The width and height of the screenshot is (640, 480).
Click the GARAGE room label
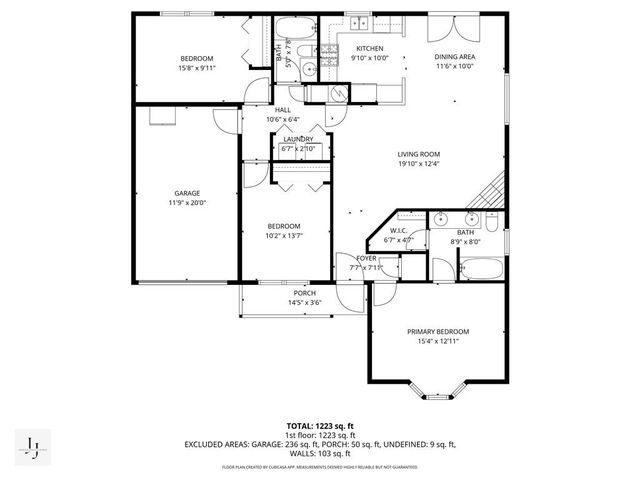187,193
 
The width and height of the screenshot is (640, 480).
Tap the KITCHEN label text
370,48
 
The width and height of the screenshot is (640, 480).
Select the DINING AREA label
454,57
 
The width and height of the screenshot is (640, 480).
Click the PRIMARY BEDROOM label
437,331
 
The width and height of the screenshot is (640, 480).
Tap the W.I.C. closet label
398,231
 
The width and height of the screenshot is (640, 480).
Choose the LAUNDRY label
298,139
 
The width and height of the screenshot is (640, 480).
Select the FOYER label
366,258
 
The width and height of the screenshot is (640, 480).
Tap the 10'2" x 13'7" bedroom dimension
283,236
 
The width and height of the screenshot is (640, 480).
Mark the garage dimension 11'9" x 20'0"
187,203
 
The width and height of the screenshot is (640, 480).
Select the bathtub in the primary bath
482,267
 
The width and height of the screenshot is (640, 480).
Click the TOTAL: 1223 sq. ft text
320,425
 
